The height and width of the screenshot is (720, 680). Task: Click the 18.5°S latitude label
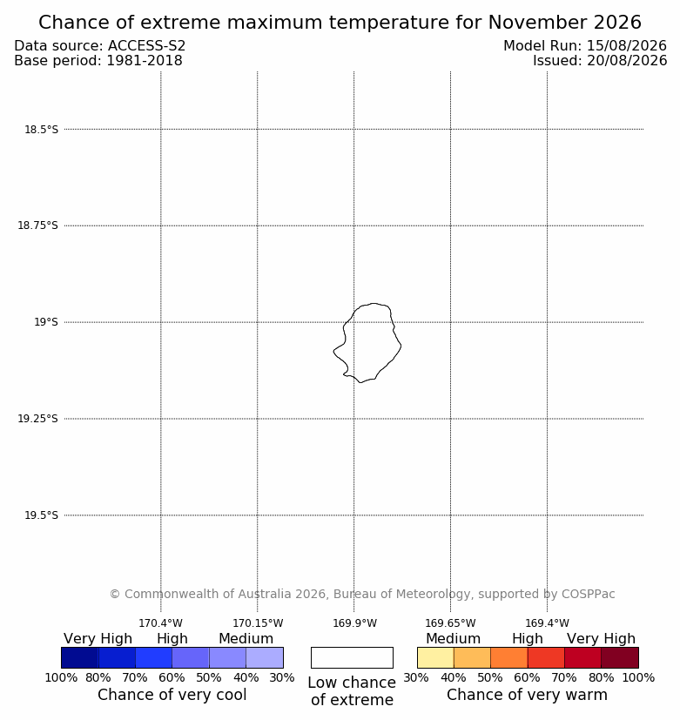point(41,130)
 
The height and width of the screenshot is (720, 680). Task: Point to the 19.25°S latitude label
point(37,419)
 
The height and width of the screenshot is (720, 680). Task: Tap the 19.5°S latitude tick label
point(41,515)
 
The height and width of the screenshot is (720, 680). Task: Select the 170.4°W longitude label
point(161,623)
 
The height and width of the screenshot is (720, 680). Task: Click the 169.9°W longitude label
point(354,623)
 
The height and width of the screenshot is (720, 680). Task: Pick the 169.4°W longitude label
point(548,623)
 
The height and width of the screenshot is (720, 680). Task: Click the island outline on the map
point(401,346)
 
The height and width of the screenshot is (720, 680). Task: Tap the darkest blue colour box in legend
point(80,657)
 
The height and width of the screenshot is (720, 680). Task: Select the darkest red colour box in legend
point(620,657)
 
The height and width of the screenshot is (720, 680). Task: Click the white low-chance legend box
point(352,657)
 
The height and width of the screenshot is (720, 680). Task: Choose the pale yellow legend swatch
point(435,657)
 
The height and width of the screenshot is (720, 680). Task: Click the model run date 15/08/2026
point(627,46)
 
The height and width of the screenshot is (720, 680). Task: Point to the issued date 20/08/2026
point(627,61)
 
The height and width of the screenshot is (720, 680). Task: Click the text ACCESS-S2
point(147,46)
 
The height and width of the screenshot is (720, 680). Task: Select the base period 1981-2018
point(145,61)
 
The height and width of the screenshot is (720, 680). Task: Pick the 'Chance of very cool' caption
point(172,695)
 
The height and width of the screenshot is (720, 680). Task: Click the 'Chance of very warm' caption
point(527,695)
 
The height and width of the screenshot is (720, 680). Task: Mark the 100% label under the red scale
point(639,677)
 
